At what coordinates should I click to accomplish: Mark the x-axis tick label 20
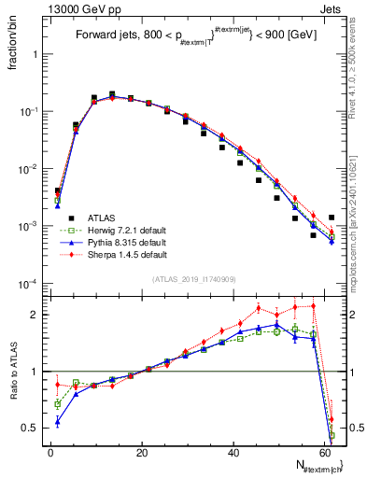141,452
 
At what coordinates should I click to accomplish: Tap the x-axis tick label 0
50,452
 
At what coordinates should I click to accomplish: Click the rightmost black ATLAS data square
332,218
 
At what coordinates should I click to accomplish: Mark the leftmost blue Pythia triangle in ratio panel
58,422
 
